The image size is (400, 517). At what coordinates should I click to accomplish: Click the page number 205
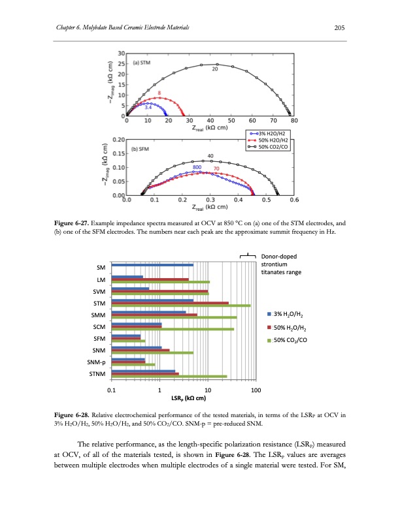coord(339,27)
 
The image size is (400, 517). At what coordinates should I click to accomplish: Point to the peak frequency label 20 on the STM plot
coord(215,69)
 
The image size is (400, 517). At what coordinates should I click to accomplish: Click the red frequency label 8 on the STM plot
coord(159,93)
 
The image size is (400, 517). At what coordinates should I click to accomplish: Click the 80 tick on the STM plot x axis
coord(293,121)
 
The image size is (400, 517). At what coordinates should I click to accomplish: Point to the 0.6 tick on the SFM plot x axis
coord(294,200)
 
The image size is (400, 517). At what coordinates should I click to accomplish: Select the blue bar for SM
coord(152,265)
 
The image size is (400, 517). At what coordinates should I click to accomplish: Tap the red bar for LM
coord(150,279)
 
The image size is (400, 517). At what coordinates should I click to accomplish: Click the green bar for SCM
coord(173,329)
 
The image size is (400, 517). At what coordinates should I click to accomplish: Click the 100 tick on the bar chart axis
coord(256,390)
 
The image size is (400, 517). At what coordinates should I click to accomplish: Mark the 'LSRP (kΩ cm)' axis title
coord(184,398)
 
